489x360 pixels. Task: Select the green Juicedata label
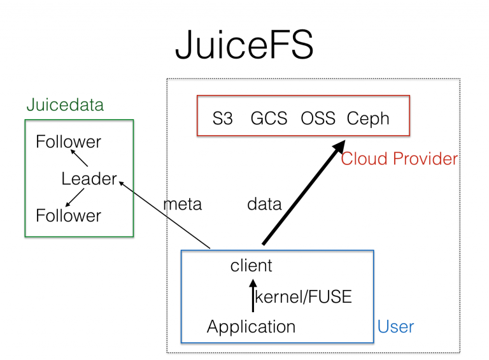pyautogui.click(x=64, y=105)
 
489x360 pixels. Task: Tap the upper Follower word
pyautogui.click(x=68, y=141)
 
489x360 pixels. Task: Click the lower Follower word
pyautogui.click(x=68, y=215)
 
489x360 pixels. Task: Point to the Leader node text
pyautogui.click(x=89, y=179)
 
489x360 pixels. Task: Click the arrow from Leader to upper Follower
pyautogui.click(x=79, y=158)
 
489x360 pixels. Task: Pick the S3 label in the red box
pyautogui.click(x=223, y=119)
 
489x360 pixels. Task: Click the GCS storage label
pyautogui.click(x=269, y=119)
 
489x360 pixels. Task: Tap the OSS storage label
pyautogui.click(x=318, y=119)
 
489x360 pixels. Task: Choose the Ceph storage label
pyautogui.click(x=368, y=119)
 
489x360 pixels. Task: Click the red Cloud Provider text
pyautogui.click(x=399, y=159)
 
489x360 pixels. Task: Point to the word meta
pyautogui.click(x=183, y=204)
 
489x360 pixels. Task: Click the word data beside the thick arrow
pyautogui.click(x=264, y=204)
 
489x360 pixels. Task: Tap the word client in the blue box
pyautogui.click(x=252, y=266)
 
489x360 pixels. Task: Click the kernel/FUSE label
pyautogui.click(x=303, y=297)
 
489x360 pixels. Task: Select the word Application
pyautogui.click(x=252, y=327)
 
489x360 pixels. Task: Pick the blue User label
pyautogui.click(x=395, y=327)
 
